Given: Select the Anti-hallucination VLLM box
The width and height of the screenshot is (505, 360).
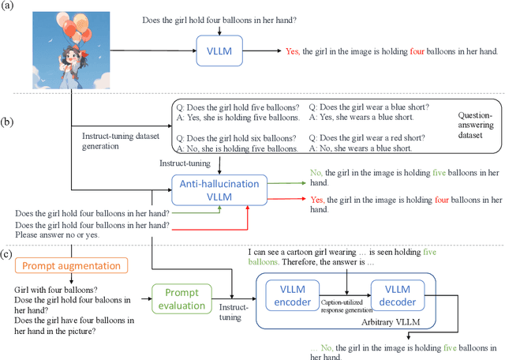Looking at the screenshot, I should [x=220, y=189].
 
